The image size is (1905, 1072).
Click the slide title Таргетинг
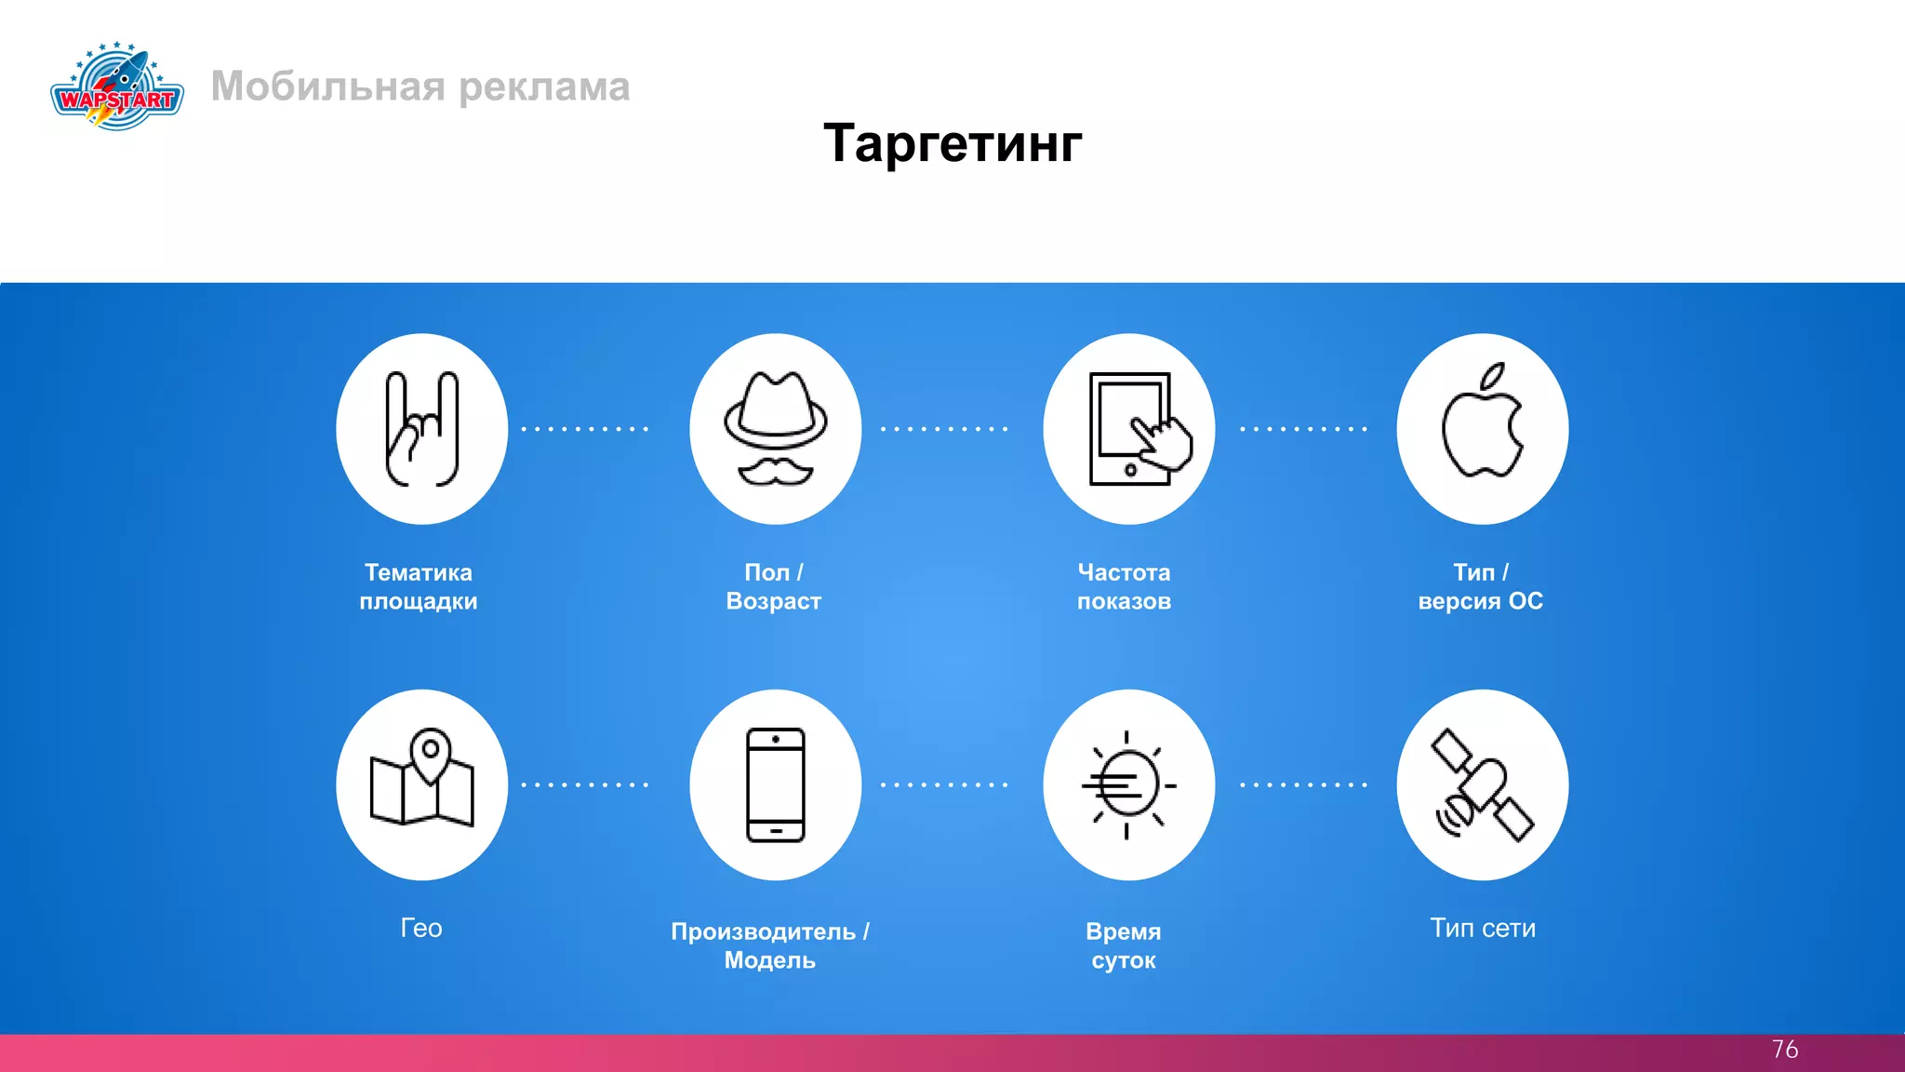coord(952,143)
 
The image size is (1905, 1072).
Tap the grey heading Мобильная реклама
coord(420,87)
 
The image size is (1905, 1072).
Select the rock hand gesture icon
coord(422,429)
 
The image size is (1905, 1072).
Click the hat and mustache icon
coord(776,429)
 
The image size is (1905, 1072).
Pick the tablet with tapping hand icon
coord(1129,429)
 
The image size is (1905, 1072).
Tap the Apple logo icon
coord(1483,423)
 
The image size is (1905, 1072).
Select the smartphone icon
coord(776,784)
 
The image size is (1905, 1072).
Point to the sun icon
coord(1127,784)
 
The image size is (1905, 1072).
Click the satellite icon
coord(1483,784)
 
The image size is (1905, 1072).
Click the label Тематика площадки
coord(419,586)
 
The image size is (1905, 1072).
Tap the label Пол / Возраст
coord(774,586)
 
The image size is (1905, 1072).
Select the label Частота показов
coord(1124,586)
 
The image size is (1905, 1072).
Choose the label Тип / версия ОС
coord(1481,586)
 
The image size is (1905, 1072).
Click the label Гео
coord(421,928)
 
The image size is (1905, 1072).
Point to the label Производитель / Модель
coord(770,945)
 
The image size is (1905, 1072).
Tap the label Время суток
coord(1124,945)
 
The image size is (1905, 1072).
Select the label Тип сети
coord(1483,928)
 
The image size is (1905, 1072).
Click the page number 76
coord(1784,1050)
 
